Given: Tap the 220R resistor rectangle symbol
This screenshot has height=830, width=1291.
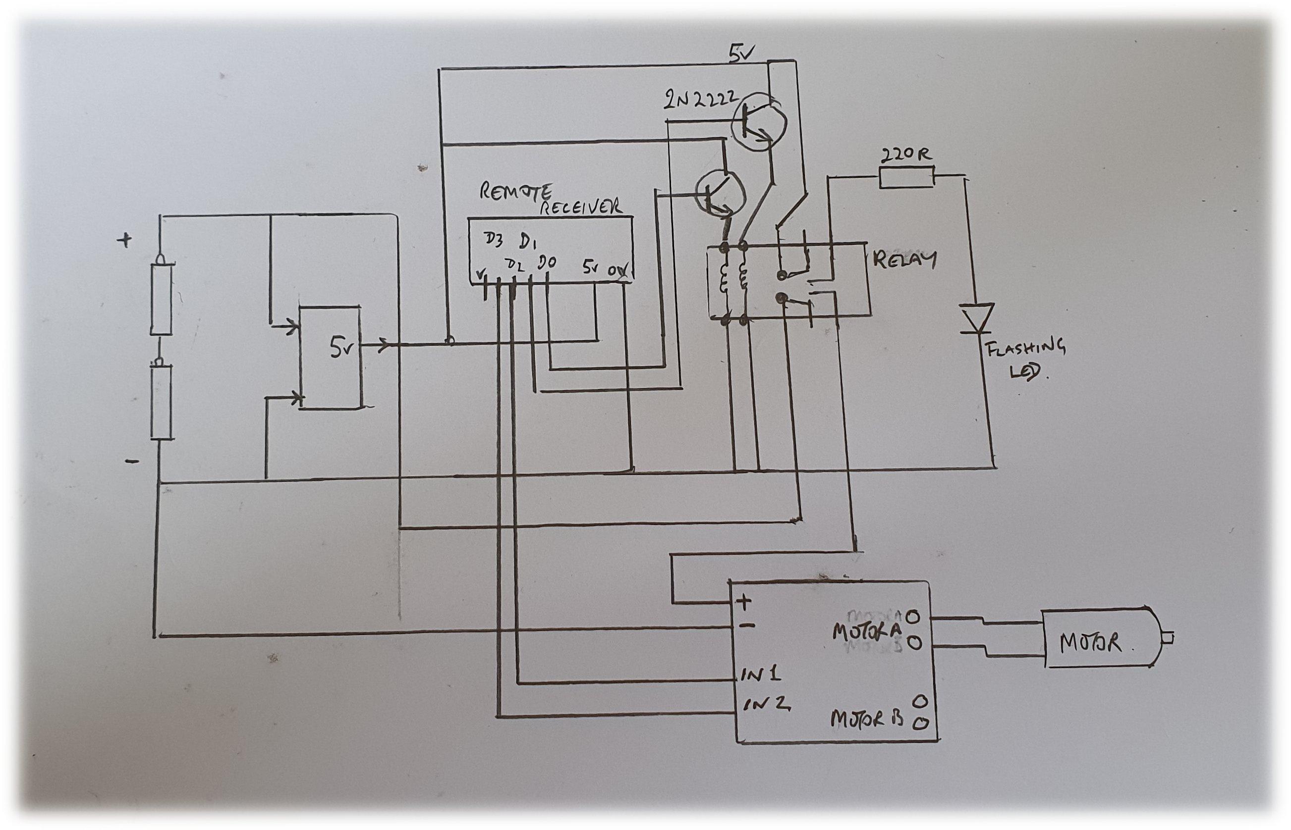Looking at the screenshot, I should (x=906, y=178).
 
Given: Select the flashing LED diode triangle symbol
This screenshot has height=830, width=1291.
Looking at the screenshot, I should (x=977, y=318).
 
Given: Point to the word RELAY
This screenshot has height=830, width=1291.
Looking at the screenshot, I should (x=904, y=260).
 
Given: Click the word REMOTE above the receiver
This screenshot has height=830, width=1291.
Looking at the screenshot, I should (x=515, y=191).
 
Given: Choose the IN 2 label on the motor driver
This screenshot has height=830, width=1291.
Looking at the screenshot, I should (x=767, y=704).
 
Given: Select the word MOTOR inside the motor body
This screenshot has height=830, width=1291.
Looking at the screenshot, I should (x=1090, y=643).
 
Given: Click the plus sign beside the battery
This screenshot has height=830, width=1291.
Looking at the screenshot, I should (x=124, y=240).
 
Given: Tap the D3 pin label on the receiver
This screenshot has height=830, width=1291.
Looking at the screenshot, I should (x=494, y=241).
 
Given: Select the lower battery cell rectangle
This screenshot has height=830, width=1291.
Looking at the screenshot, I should (x=161, y=402).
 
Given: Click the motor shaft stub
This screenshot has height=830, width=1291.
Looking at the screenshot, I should (x=1168, y=639).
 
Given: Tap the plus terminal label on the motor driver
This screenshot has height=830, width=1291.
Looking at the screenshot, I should (x=744, y=602).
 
